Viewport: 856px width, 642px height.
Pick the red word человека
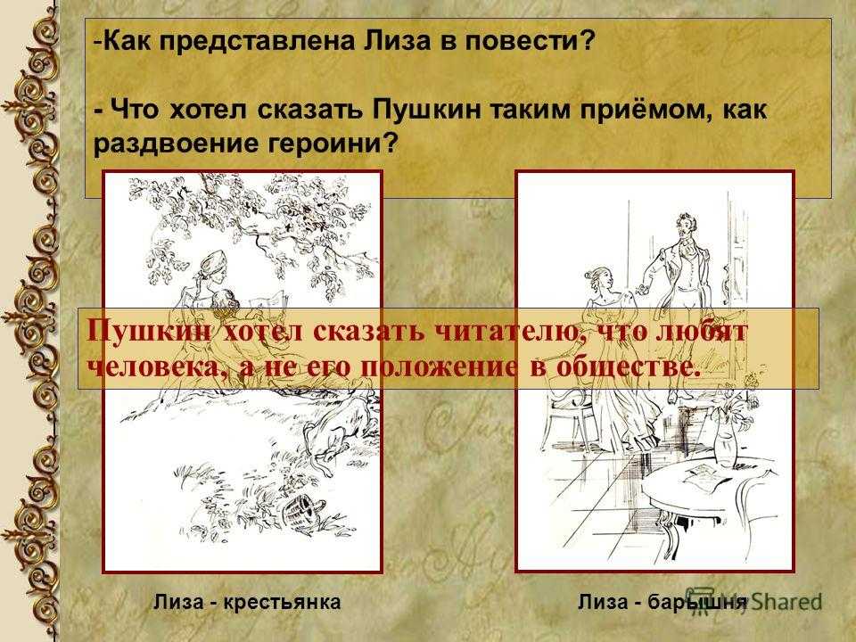pos(159,368)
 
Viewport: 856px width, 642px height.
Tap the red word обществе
pos(627,368)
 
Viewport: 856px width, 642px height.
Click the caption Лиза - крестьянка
pos(247,602)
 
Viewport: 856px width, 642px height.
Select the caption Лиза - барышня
pos(663,602)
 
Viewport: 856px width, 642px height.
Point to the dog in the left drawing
pos(338,426)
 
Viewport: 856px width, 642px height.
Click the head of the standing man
pos(685,225)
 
